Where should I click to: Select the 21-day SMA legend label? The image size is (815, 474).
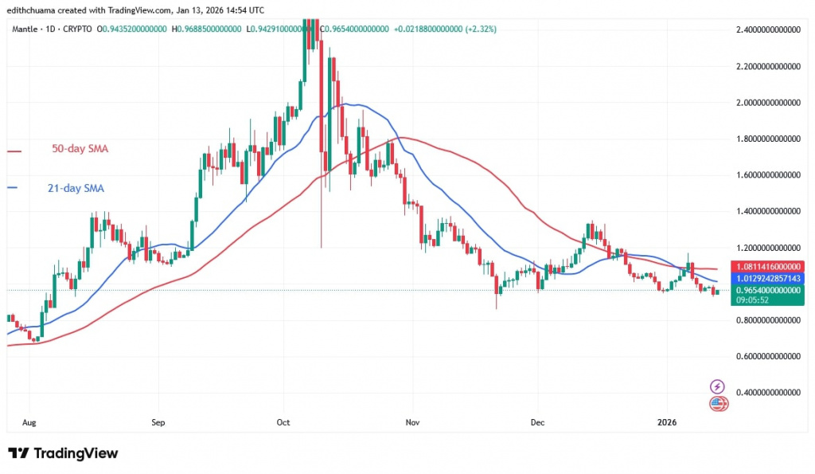pyautogui.click(x=70, y=189)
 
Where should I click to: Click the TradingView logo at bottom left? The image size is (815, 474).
pyautogui.click(x=64, y=453)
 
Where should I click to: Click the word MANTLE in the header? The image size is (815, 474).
pyautogui.click(x=27, y=29)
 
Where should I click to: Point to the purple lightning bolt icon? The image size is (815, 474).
pyautogui.click(x=718, y=386)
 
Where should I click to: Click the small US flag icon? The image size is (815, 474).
pyautogui.click(x=718, y=403)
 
